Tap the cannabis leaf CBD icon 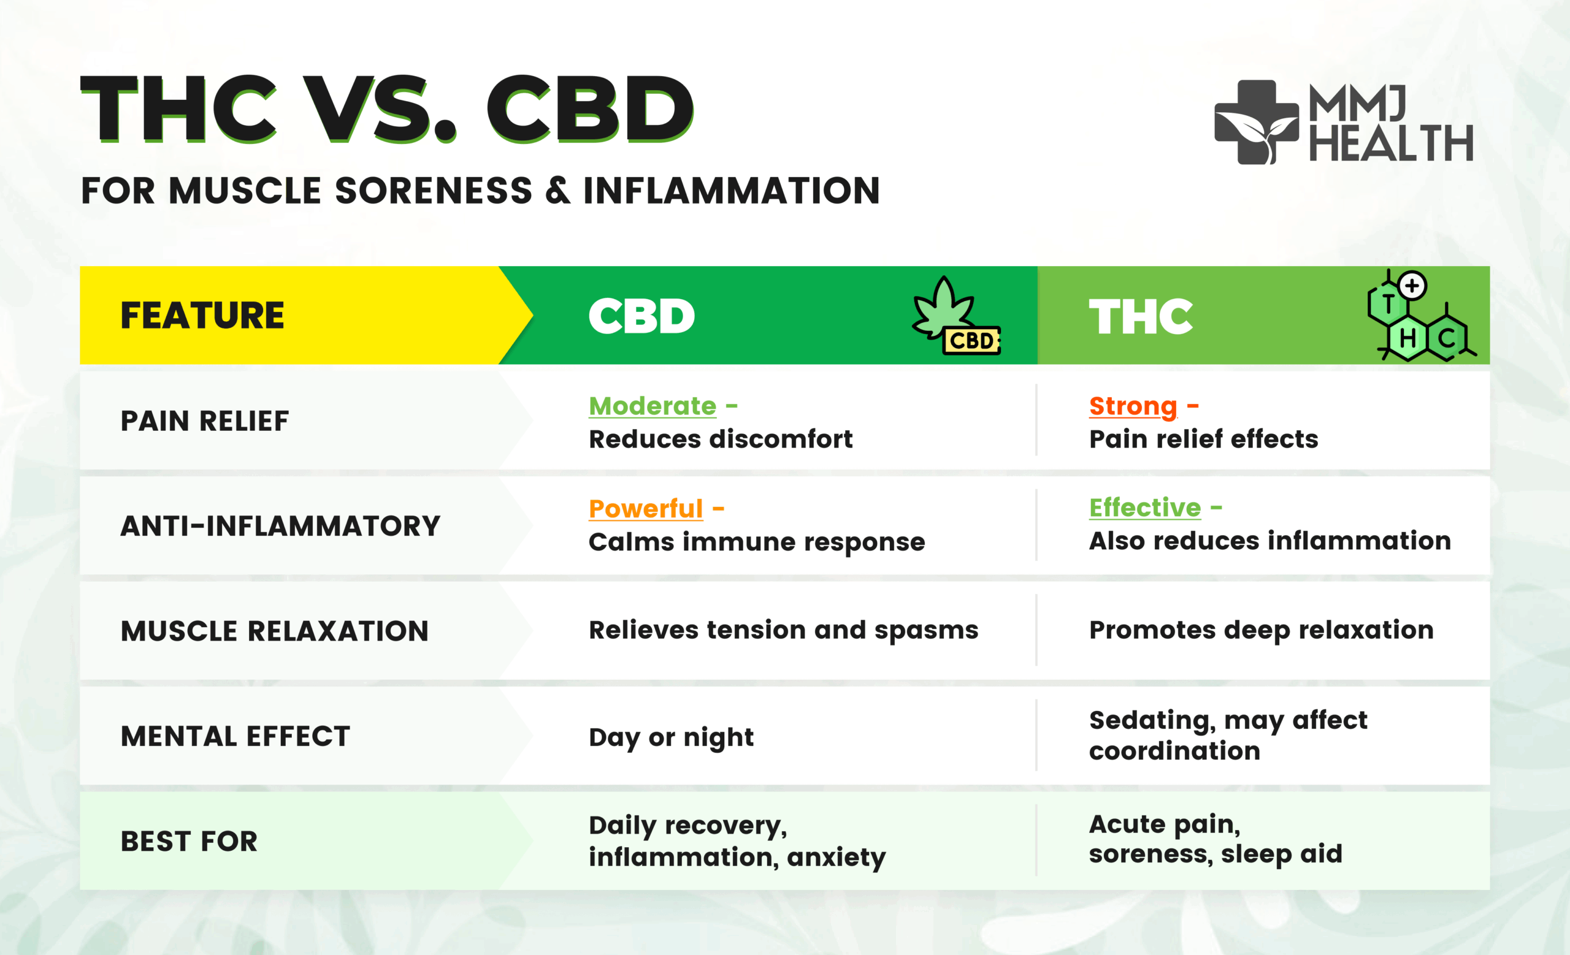pyautogui.click(x=955, y=316)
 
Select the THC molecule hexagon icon pyautogui.click(x=1421, y=316)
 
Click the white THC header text pyautogui.click(x=1141, y=316)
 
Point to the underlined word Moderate pyautogui.click(x=653, y=406)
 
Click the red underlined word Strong pyautogui.click(x=1133, y=406)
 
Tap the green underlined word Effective pyautogui.click(x=1145, y=508)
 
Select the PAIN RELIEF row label pyautogui.click(x=205, y=421)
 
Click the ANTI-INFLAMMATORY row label pyautogui.click(x=280, y=526)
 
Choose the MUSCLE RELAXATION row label pyautogui.click(x=275, y=631)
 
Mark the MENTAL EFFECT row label pyautogui.click(x=235, y=736)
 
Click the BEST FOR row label pyautogui.click(x=190, y=841)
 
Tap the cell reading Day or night pyautogui.click(x=671, y=737)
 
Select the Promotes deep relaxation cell pyautogui.click(x=1262, y=630)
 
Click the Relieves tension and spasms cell pyautogui.click(x=784, y=630)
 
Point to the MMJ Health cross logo pyautogui.click(x=1257, y=122)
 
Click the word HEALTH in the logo pyautogui.click(x=1391, y=143)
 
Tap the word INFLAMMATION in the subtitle pyautogui.click(x=732, y=191)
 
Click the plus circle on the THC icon pyautogui.click(x=1412, y=285)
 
